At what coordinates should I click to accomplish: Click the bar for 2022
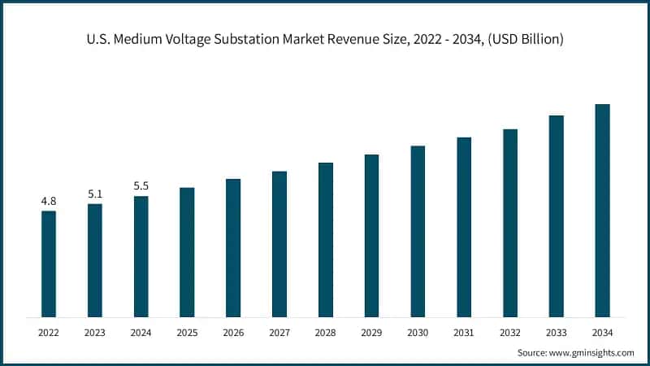(x=49, y=264)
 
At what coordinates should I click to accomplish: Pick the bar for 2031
(x=464, y=227)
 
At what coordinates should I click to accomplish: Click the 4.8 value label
(x=49, y=200)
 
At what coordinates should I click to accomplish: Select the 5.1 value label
(x=95, y=194)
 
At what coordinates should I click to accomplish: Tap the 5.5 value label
(x=141, y=186)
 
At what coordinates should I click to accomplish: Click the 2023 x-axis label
(x=95, y=332)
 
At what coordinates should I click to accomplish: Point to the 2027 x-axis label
(x=279, y=332)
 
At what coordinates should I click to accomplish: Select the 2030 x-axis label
(x=418, y=332)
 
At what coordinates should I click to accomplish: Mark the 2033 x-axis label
(x=556, y=332)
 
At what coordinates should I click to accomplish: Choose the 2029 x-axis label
(x=371, y=332)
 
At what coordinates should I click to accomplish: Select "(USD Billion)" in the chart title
(x=527, y=38)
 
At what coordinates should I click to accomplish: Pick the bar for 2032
(x=510, y=223)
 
